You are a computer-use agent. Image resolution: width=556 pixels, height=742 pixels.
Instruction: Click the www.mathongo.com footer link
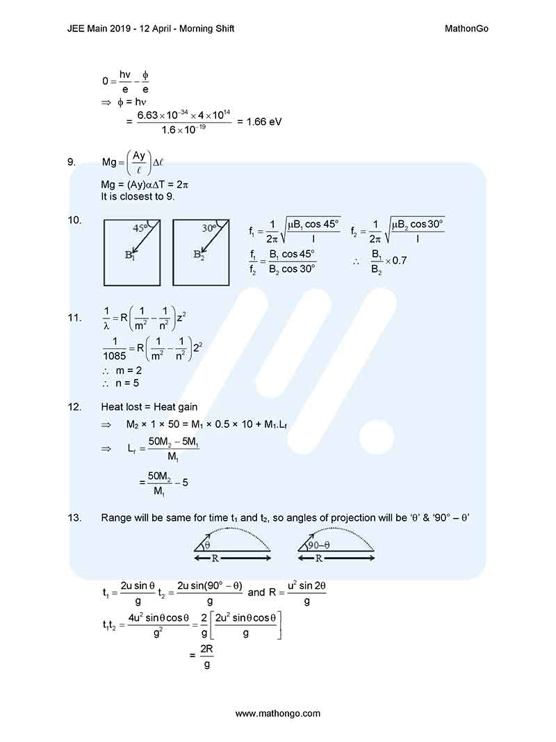click(278, 713)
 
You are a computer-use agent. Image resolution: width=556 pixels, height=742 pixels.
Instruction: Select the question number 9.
click(72, 162)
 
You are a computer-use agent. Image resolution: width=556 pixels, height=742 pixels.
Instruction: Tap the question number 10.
click(74, 220)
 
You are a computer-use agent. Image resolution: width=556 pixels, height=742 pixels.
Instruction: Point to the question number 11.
click(74, 318)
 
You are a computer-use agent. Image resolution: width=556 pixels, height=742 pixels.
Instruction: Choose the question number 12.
click(74, 407)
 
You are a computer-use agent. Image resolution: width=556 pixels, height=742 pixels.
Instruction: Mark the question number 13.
click(74, 517)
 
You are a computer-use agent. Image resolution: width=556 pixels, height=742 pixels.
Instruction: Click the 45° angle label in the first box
click(142, 228)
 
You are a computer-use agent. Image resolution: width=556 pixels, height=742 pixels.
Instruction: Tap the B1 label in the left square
click(130, 255)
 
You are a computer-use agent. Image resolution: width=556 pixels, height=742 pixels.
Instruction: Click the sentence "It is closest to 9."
click(138, 196)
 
